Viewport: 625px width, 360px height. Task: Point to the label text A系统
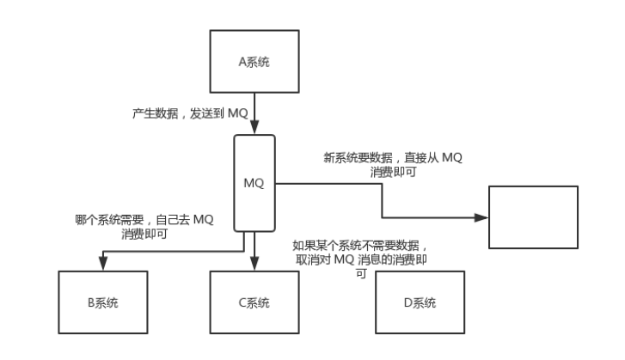tap(254, 62)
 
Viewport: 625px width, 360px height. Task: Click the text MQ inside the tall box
tap(254, 182)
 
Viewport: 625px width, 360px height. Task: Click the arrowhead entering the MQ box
tap(254, 130)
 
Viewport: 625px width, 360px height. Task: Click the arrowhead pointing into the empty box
tap(484, 217)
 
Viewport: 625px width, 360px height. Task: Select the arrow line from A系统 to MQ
tap(254, 107)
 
